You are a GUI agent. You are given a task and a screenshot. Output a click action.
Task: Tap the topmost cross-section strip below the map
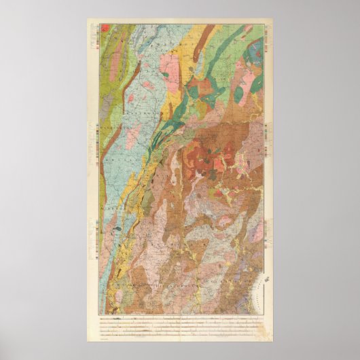pyautogui.click(x=180, y=317)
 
